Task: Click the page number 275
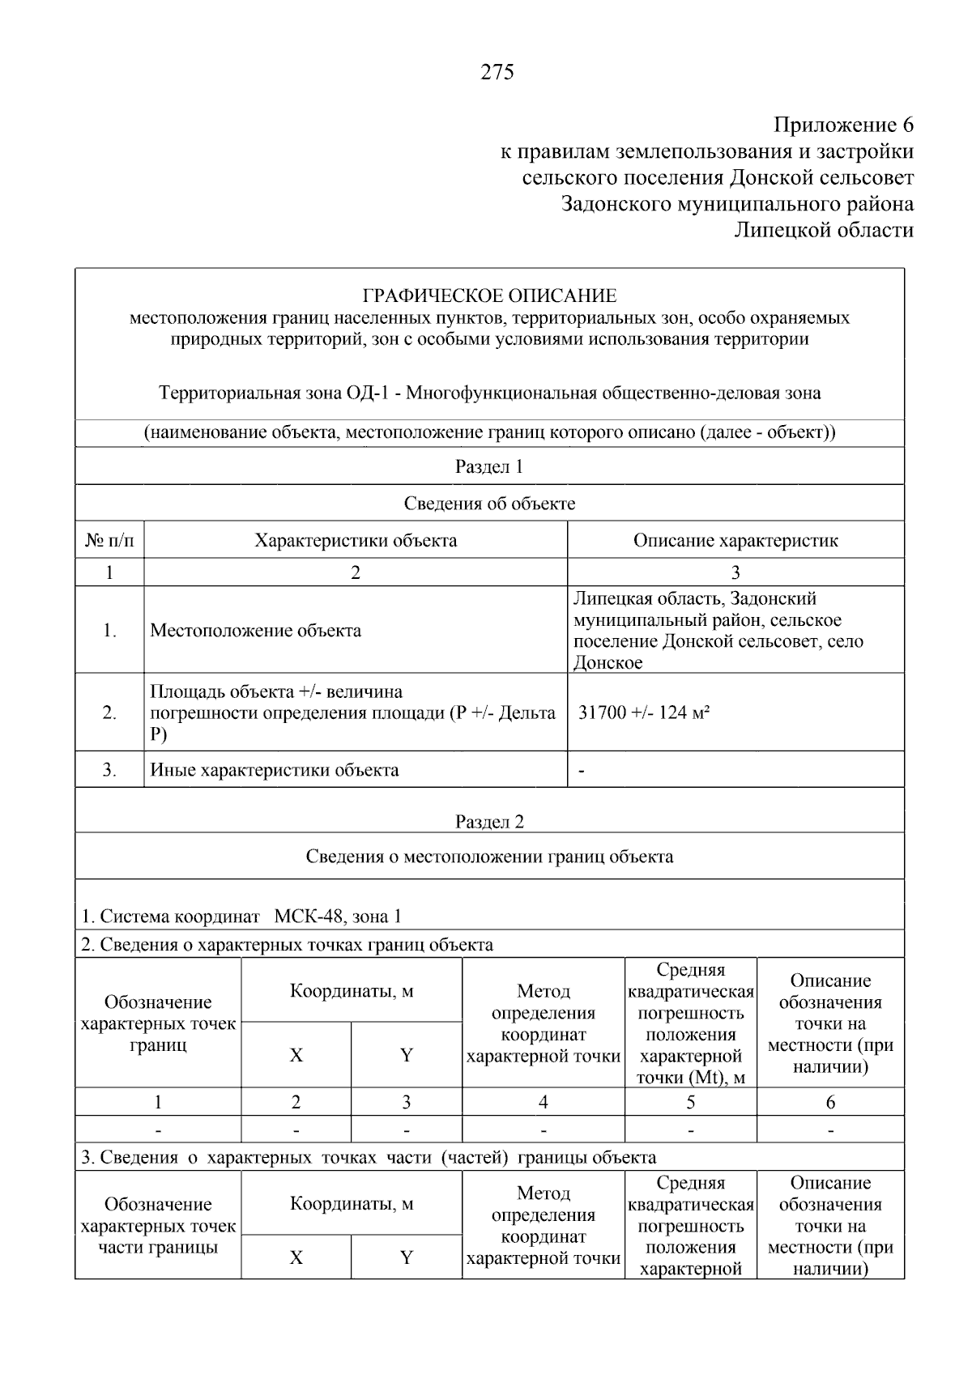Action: pos(497,73)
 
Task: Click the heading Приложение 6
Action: pos(843,125)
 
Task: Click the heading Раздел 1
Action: pos(489,467)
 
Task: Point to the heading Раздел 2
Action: pos(489,822)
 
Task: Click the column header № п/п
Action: pos(109,541)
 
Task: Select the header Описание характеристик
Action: pos(735,541)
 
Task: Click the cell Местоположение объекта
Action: pos(256,631)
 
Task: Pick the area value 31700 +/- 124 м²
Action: pos(645,713)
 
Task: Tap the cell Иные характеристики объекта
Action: pos(275,770)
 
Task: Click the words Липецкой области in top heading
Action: pos(824,230)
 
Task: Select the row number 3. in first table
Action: pos(109,770)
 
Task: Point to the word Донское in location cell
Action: pos(608,663)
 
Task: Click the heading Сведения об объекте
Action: pos(489,504)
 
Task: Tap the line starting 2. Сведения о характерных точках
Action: pos(287,945)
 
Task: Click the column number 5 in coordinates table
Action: pos(690,1102)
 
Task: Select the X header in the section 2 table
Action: pos(296,1056)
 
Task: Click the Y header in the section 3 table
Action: pos(407,1257)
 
